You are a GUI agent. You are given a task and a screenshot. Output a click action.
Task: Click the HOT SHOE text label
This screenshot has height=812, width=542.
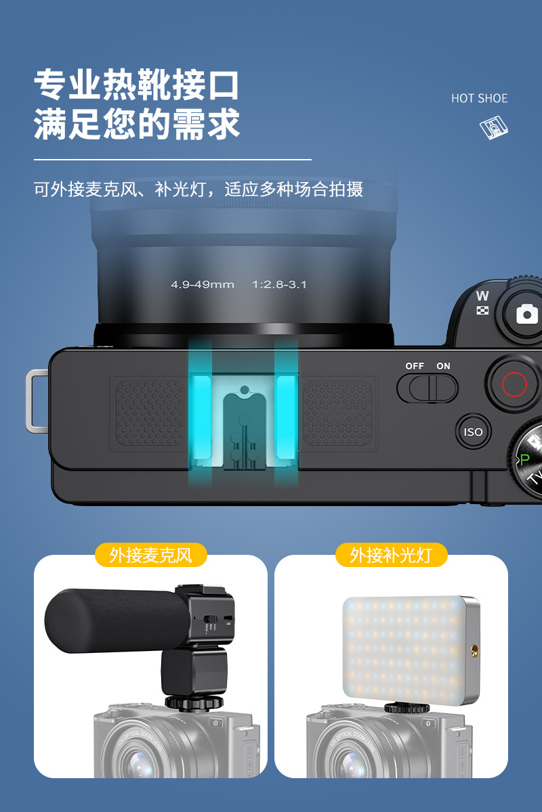(x=479, y=99)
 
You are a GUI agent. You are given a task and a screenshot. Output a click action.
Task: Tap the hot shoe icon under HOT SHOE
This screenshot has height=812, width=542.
(x=494, y=127)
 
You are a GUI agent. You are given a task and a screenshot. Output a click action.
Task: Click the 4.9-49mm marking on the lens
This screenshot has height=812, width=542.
(x=202, y=285)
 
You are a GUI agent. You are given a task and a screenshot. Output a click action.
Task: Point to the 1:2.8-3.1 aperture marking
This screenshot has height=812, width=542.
(x=279, y=285)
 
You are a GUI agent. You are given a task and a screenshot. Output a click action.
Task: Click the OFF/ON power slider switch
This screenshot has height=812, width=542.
(x=427, y=388)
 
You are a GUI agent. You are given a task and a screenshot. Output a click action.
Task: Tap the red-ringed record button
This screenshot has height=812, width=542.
(x=514, y=384)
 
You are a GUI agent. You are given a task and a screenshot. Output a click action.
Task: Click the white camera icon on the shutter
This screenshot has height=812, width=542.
(x=526, y=314)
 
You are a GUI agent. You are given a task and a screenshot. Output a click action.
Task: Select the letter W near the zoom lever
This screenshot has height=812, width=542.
(x=482, y=296)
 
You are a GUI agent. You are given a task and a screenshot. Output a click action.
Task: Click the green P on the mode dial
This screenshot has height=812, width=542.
(x=524, y=459)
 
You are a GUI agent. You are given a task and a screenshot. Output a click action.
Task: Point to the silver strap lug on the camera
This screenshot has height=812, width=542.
(x=35, y=400)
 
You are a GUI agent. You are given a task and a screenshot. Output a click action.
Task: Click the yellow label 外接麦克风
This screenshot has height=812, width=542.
(x=150, y=556)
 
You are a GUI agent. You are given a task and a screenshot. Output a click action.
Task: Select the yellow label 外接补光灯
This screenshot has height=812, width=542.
(x=391, y=556)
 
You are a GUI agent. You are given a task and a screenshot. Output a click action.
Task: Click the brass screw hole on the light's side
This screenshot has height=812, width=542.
(x=473, y=652)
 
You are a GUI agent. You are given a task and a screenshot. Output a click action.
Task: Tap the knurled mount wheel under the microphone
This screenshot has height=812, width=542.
(x=194, y=701)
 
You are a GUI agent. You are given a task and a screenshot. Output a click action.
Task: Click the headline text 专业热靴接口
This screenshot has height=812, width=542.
(x=138, y=86)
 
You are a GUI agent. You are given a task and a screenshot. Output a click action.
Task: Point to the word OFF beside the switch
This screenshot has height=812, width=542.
(x=415, y=366)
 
